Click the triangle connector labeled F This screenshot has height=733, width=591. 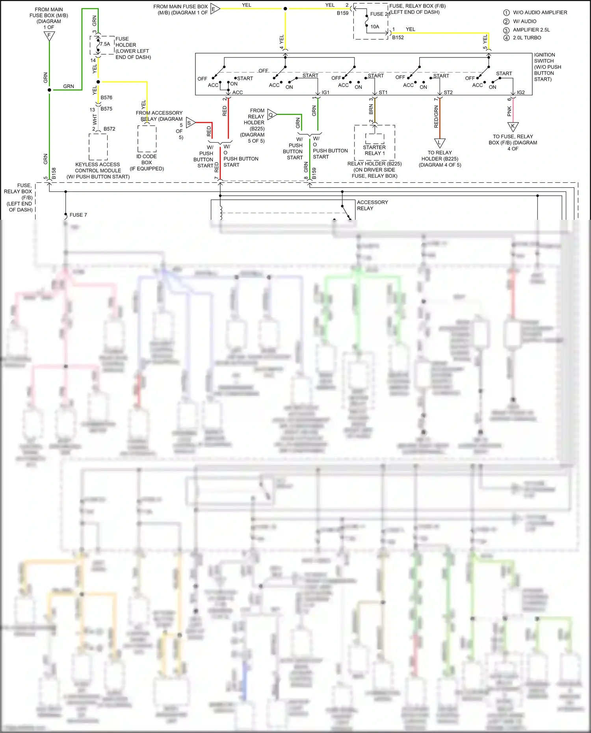(x=49, y=36)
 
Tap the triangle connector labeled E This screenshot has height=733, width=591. (x=214, y=9)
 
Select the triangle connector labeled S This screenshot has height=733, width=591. (x=190, y=123)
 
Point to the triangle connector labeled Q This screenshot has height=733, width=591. (x=271, y=115)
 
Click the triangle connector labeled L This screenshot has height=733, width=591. (x=440, y=143)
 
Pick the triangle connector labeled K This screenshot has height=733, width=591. (x=513, y=127)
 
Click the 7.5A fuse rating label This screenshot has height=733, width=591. (x=105, y=44)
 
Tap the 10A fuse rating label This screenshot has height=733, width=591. (x=375, y=27)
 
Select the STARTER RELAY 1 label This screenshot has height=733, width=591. (x=374, y=150)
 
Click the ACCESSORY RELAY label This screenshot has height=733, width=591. (x=372, y=205)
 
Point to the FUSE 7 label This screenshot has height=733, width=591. (x=78, y=215)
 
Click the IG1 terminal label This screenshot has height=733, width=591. (x=325, y=93)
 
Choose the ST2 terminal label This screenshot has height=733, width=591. (x=448, y=93)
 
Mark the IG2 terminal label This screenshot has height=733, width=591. (x=520, y=93)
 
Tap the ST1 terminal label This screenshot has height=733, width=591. (x=383, y=93)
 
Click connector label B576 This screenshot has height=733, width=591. (x=106, y=98)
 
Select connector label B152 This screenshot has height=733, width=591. (x=398, y=38)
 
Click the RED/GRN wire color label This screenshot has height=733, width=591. (x=436, y=117)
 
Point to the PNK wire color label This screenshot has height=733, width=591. (x=509, y=111)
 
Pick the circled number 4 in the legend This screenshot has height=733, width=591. (x=506, y=38)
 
